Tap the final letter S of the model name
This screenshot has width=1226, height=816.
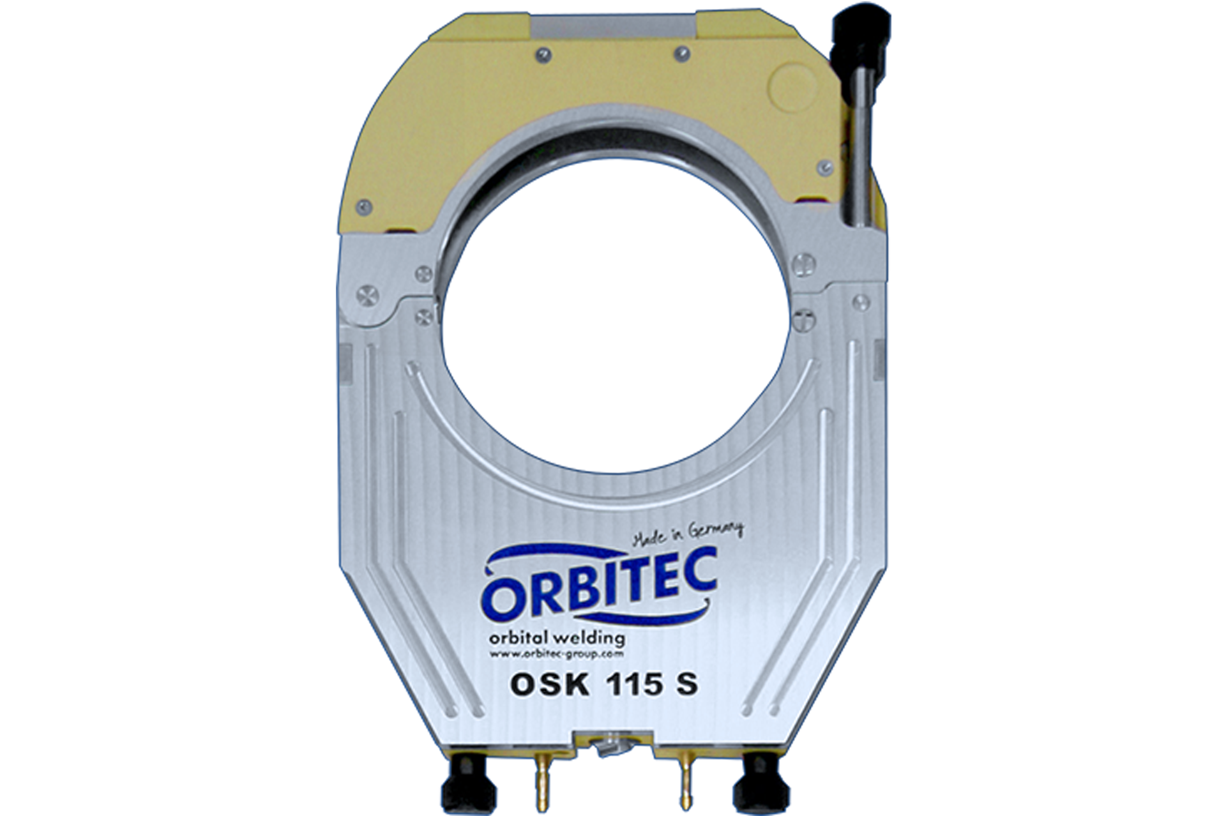click(x=686, y=684)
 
